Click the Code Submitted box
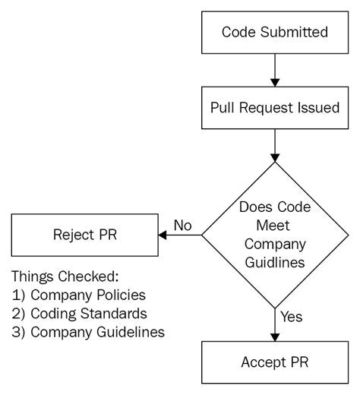(x=274, y=33)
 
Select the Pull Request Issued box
(x=274, y=107)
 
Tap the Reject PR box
(x=84, y=235)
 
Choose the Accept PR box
(x=274, y=362)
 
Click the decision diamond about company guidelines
(x=274, y=235)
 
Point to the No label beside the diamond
(x=182, y=226)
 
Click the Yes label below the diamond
(x=292, y=314)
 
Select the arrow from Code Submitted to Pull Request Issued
(x=274, y=70)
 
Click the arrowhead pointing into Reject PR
(x=162, y=235)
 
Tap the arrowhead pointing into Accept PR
(x=274, y=336)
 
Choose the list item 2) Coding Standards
(x=79, y=312)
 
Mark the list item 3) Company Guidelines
(x=88, y=331)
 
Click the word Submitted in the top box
(x=298, y=33)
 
